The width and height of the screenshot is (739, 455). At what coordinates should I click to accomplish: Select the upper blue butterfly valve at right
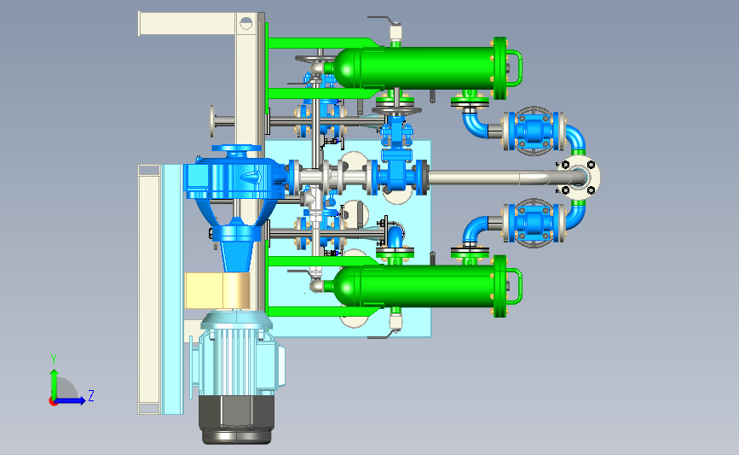(534, 131)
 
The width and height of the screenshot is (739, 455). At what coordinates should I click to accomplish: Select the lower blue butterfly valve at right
(534, 223)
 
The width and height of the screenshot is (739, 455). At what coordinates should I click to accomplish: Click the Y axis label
(54, 359)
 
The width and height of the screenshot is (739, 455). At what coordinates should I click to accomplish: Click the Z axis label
(91, 395)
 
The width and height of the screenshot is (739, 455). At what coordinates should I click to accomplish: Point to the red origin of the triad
(53, 402)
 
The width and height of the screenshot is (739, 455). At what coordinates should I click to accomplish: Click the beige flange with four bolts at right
(578, 178)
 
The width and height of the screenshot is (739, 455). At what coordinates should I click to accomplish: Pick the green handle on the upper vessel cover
(516, 68)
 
